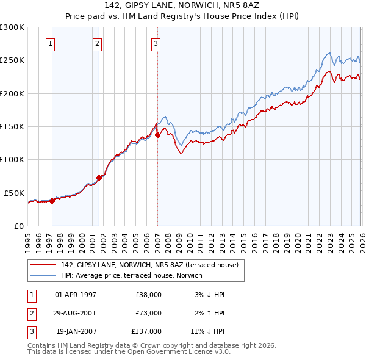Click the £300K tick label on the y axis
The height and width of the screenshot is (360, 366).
click(12, 27)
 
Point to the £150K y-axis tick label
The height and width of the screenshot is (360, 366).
click(12, 127)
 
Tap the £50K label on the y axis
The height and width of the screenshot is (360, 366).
click(14, 193)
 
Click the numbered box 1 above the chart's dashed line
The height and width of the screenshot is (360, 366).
click(50, 43)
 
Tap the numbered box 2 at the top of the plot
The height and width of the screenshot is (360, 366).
click(97, 43)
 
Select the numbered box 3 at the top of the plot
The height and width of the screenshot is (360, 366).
click(156, 43)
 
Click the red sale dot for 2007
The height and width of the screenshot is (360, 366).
click(157, 135)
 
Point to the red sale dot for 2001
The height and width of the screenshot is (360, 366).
click(99, 178)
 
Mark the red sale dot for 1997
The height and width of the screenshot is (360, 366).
click(52, 200)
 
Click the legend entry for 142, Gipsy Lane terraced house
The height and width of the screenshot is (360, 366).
click(152, 264)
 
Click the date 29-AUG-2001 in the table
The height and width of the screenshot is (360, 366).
click(76, 313)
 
